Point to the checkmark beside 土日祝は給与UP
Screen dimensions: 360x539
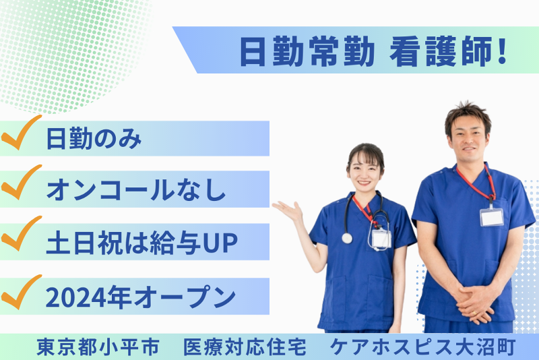[x=22, y=239]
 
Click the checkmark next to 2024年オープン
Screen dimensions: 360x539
[x=22, y=293]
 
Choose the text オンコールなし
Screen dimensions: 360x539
[x=135, y=191]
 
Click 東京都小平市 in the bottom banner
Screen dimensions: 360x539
[x=98, y=347]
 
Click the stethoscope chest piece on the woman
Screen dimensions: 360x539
[x=347, y=238]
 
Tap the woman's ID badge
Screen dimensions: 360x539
[x=381, y=239]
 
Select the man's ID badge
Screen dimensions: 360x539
[x=491, y=216]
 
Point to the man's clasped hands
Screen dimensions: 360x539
[x=475, y=303]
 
